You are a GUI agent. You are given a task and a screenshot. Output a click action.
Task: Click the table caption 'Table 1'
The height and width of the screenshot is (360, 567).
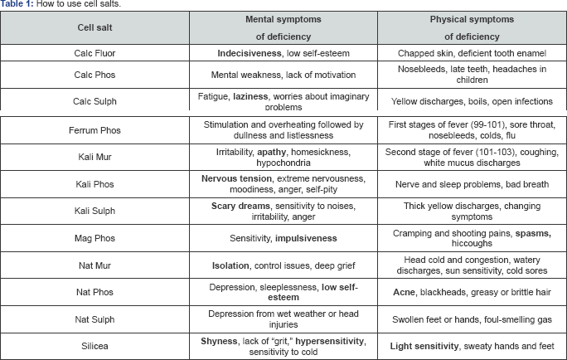pos(17,5)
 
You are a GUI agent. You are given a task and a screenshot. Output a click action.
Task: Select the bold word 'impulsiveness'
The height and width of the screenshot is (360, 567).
pos(306,238)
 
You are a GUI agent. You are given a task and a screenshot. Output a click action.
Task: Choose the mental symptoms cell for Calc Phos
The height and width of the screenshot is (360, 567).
pos(283,75)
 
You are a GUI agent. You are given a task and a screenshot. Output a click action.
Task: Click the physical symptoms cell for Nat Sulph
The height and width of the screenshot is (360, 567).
pos(471,318)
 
